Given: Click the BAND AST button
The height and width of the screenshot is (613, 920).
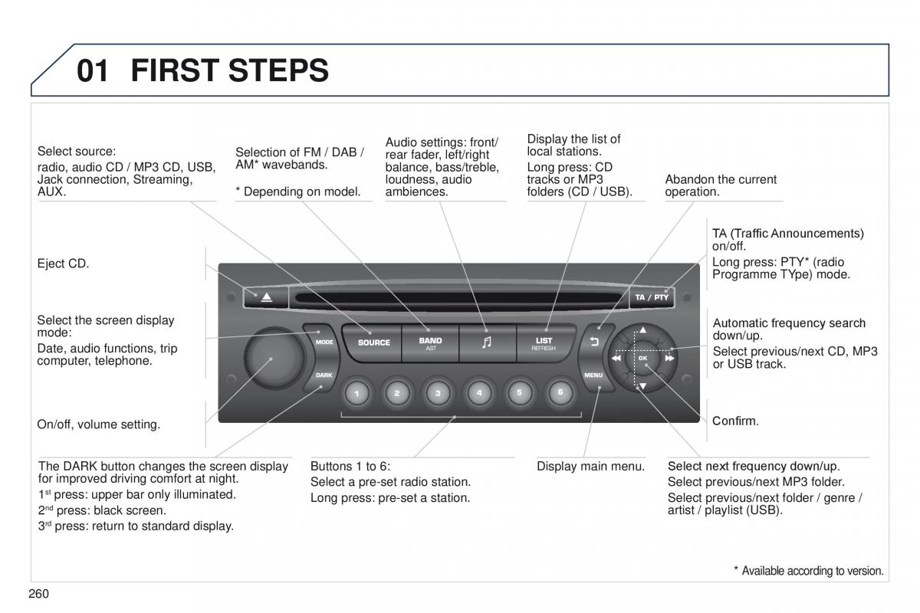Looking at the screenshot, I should [430, 343].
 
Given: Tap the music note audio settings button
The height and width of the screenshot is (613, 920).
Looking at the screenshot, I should [487, 343].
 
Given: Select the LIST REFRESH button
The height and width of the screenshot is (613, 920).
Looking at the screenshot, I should [544, 343].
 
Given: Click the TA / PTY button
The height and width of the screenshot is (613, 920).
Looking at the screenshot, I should [651, 297].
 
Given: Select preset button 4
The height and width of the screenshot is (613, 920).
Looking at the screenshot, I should [479, 393].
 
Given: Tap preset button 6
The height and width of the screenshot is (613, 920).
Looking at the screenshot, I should [560, 392].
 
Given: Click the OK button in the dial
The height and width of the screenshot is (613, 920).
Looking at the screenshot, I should [642, 358].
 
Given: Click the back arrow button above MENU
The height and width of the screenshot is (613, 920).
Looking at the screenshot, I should [593, 342].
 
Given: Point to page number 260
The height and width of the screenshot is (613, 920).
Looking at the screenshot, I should [38, 593].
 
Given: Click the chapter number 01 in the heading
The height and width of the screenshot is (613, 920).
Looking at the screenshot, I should [93, 71].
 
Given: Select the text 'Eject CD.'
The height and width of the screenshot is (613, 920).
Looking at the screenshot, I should [63, 264].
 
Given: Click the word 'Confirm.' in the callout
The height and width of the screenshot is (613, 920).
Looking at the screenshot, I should [735, 421].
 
